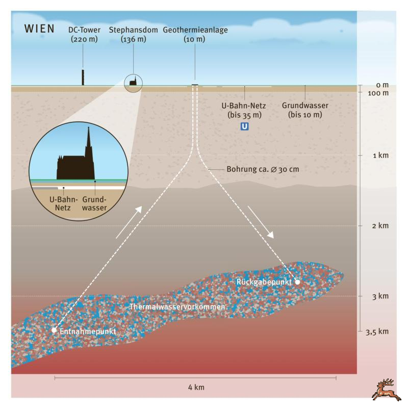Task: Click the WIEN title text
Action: point(39,29)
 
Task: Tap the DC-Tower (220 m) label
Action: point(84,34)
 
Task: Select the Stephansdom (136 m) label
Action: point(133,34)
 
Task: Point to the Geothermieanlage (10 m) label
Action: point(195,34)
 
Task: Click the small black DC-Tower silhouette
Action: point(83,78)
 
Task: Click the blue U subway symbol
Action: point(244,126)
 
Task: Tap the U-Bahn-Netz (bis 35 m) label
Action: point(244,110)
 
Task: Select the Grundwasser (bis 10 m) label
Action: point(305,110)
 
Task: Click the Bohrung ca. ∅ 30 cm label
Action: point(263,169)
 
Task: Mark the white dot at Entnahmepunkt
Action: point(54,330)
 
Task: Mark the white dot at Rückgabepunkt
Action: point(297,282)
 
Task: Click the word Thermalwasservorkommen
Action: point(177,307)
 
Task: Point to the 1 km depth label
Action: point(380,156)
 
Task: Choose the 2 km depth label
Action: point(380,225)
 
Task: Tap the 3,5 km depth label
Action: point(377,332)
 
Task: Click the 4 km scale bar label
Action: point(196,388)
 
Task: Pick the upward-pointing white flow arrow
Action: point(129,222)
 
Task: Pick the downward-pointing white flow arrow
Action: point(261,222)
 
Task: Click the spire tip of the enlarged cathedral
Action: point(88,127)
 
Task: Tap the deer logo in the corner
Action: point(387,390)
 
